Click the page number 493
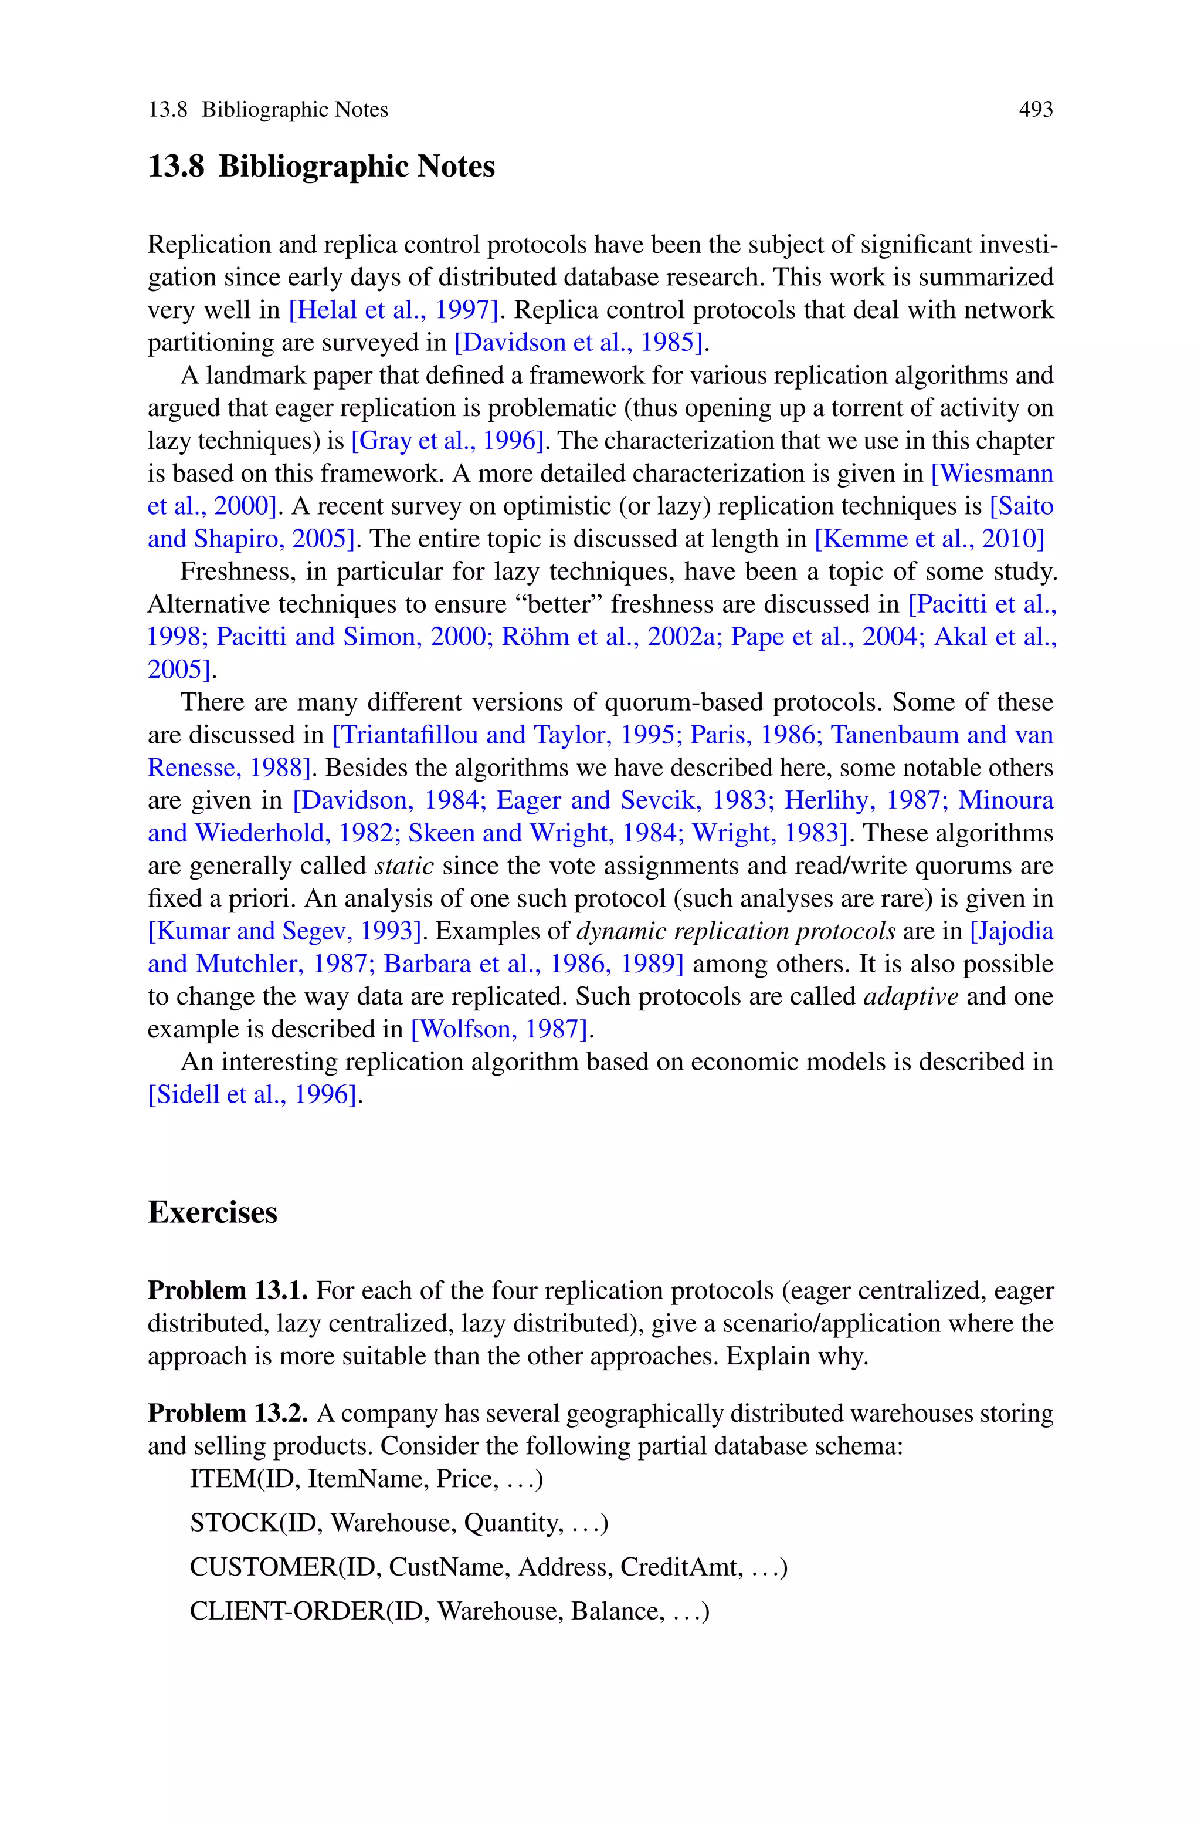click(x=1036, y=110)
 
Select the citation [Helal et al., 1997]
click(x=393, y=310)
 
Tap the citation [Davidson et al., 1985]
click(x=579, y=343)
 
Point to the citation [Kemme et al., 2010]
click(x=929, y=539)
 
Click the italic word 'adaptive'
click(x=911, y=996)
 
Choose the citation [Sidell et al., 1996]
click(x=253, y=1094)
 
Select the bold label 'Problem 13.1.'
click(x=228, y=1291)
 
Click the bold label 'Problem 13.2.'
click(x=228, y=1413)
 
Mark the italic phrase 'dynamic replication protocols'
click(x=735, y=931)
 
